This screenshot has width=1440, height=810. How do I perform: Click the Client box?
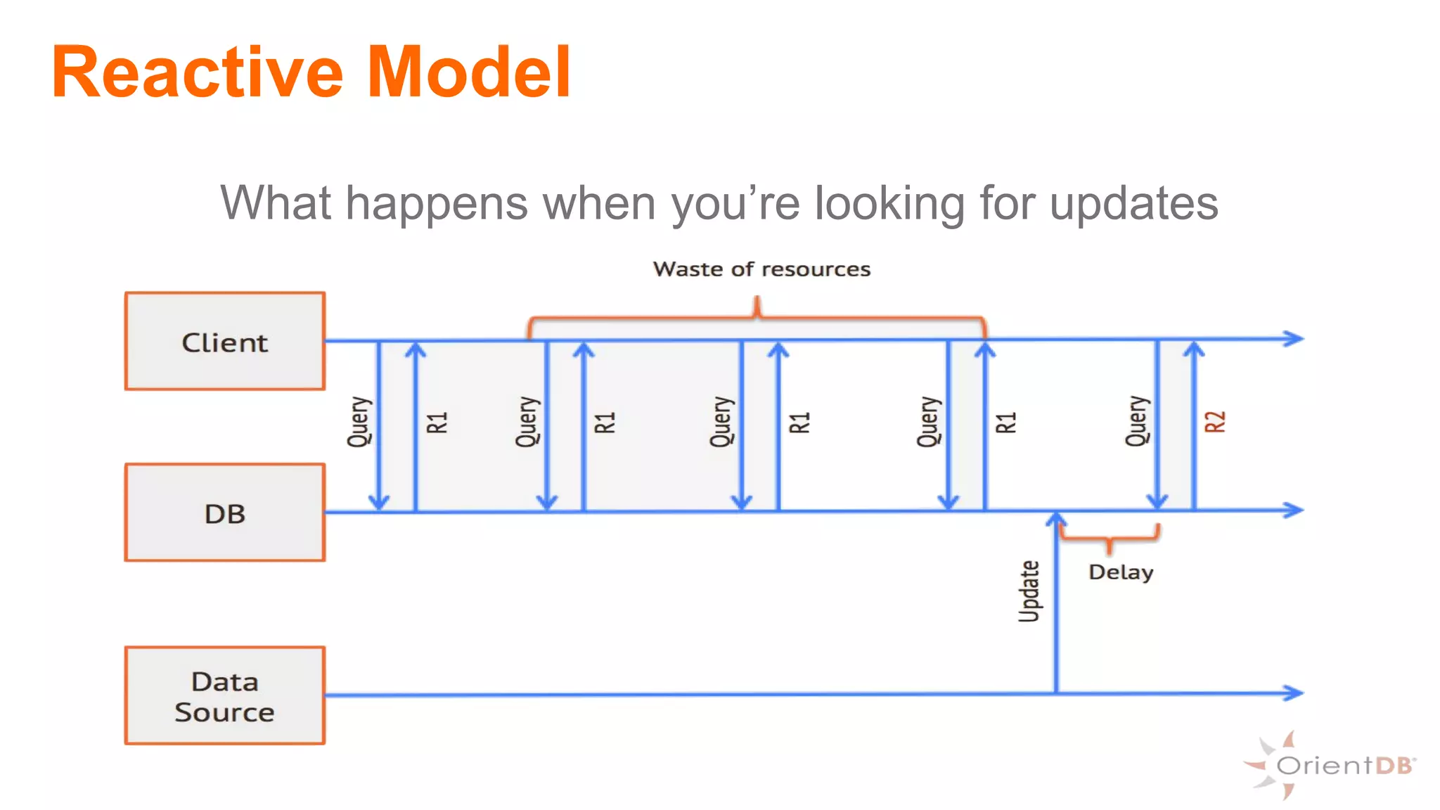[x=224, y=341]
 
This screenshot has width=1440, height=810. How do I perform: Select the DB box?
[x=224, y=513]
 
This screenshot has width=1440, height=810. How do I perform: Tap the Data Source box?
[x=224, y=695]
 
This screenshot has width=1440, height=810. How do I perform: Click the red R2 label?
[x=1215, y=422]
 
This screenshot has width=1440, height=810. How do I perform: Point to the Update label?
[x=1029, y=591]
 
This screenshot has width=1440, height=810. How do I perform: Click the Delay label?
[x=1121, y=572]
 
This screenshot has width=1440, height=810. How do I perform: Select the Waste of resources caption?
[x=761, y=269]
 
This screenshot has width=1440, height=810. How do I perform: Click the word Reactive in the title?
[x=197, y=72]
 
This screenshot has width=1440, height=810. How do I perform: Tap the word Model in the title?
[x=469, y=72]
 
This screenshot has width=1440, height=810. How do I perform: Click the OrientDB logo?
[x=1331, y=765]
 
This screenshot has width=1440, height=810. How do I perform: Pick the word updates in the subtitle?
[x=1133, y=204]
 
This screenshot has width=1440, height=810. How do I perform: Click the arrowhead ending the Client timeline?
[x=1294, y=338]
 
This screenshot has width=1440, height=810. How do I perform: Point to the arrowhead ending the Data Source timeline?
[x=1294, y=693]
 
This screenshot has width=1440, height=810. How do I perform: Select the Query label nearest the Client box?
[x=359, y=422]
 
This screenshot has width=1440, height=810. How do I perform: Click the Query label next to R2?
[x=1136, y=422]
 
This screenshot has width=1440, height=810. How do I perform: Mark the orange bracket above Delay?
[x=1109, y=538]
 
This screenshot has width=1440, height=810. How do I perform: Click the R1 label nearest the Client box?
[x=437, y=423]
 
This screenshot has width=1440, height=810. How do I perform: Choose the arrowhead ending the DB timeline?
[x=1294, y=510]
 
